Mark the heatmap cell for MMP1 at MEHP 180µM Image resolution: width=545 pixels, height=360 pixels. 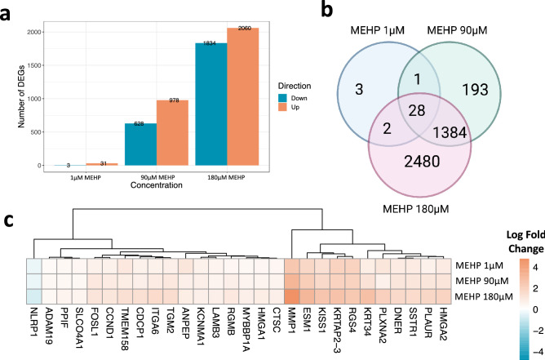293,294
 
